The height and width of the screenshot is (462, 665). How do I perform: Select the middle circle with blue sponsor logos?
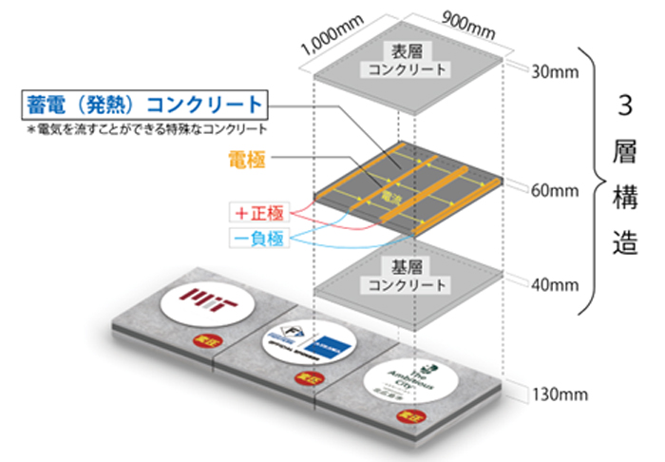click(302, 338)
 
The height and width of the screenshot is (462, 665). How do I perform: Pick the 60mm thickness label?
click(550, 190)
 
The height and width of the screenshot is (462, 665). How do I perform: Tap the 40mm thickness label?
click(550, 283)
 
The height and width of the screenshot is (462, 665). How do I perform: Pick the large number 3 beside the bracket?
click(625, 106)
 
